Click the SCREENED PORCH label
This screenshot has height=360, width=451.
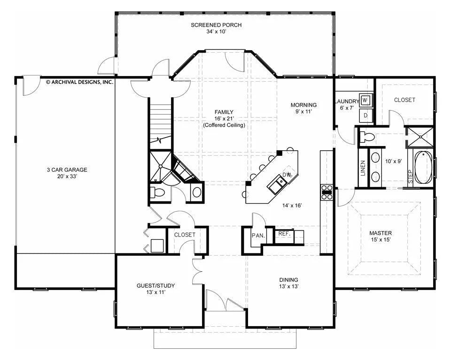click(x=216, y=25)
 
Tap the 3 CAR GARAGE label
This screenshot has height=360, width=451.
click(x=67, y=170)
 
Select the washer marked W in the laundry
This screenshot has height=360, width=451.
click(x=365, y=100)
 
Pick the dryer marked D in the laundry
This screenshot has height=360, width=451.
click(x=366, y=115)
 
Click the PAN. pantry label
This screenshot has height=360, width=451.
click(x=258, y=236)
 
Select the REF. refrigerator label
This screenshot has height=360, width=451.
click(x=284, y=234)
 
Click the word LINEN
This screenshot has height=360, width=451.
click(x=363, y=168)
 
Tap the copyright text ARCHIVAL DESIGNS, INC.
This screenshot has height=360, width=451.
click(x=80, y=82)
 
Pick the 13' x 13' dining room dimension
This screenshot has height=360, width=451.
click(x=288, y=286)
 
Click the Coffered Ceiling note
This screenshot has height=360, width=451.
click(x=224, y=125)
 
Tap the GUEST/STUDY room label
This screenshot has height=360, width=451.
click(x=156, y=286)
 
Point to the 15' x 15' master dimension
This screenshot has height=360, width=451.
click(x=381, y=240)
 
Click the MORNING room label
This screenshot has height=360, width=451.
click(x=304, y=105)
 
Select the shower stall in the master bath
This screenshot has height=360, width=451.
click(x=420, y=137)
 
